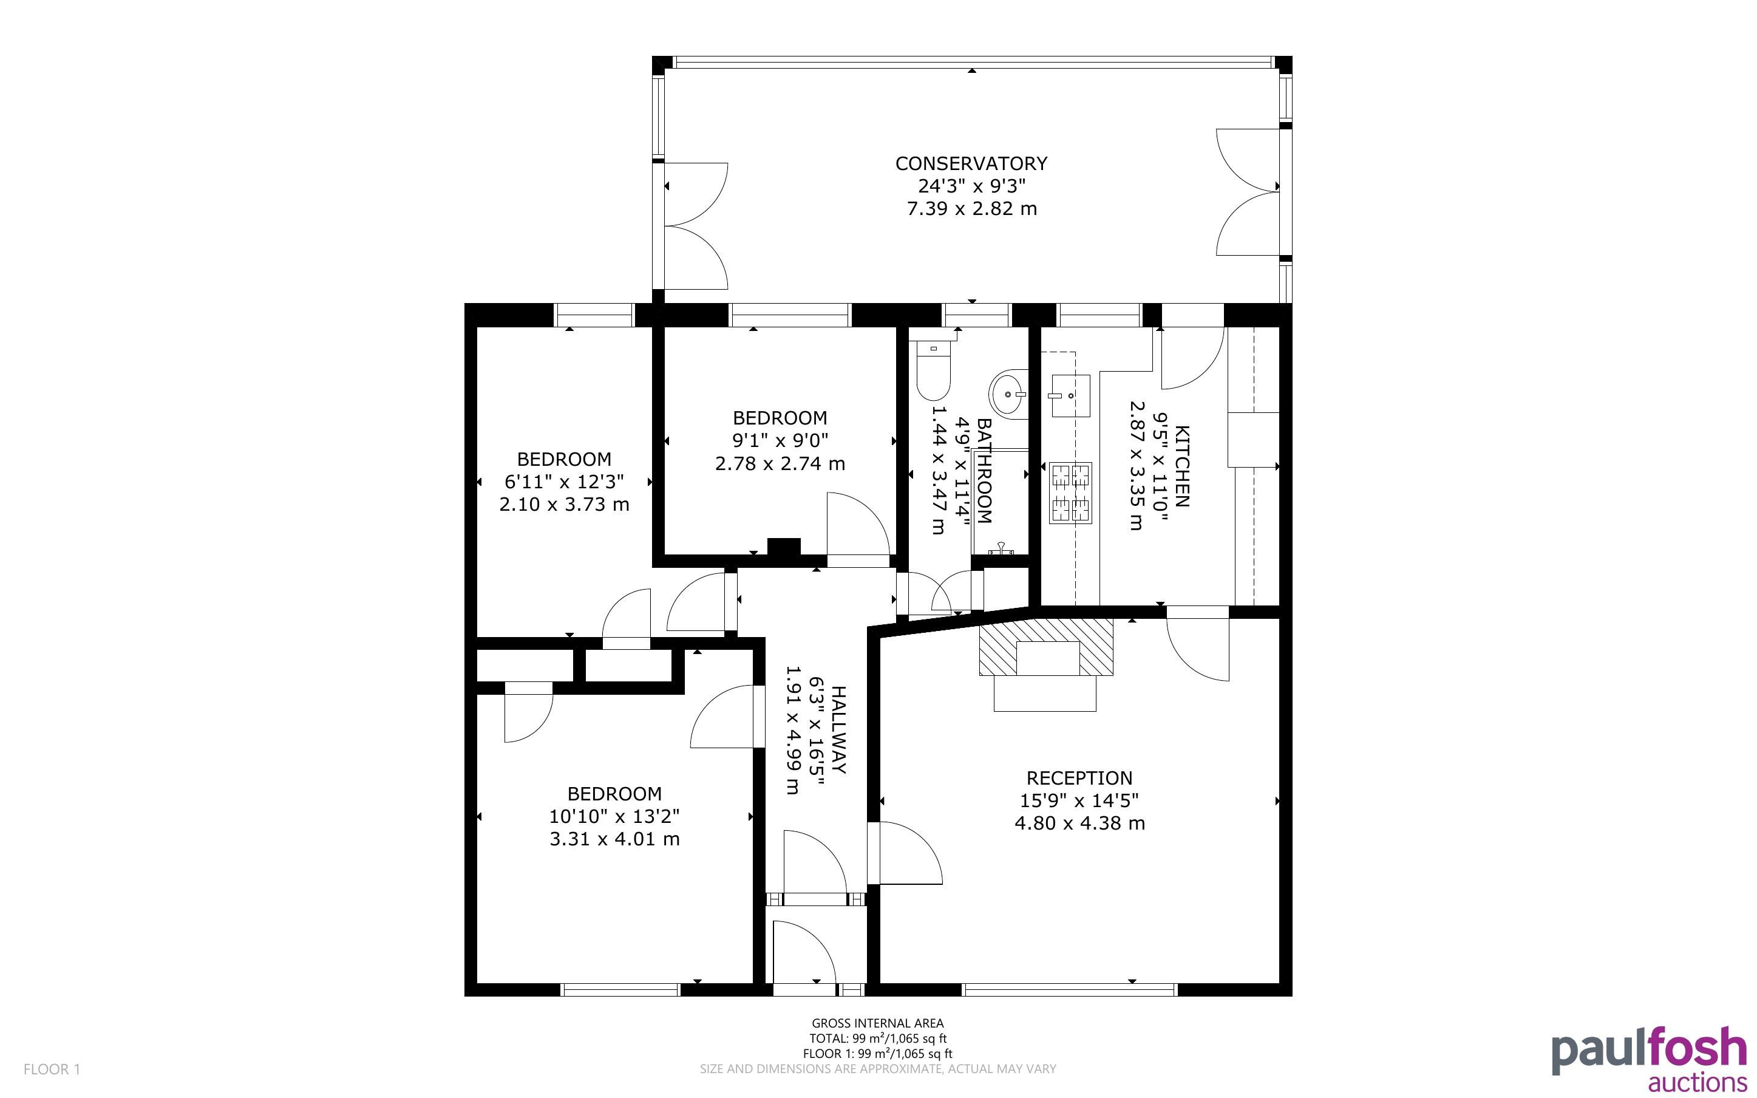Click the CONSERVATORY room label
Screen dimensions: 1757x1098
[971, 163]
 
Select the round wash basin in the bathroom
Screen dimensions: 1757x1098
[1009, 393]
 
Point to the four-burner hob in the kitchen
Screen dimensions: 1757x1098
[1070, 493]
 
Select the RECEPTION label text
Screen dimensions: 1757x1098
[1079, 778]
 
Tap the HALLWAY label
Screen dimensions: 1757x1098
[838, 730]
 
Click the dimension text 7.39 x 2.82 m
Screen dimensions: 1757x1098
[972, 209]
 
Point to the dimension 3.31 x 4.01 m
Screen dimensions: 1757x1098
[614, 839]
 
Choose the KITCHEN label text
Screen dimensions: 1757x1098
[1182, 466]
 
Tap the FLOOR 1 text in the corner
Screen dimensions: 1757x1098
[52, 1069]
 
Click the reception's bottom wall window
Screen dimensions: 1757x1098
[1069, 989]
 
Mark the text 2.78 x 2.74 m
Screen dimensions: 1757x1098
[780, 463]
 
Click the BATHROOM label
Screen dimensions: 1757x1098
[984, 471]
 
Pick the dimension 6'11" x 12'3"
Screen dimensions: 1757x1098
[564, 482]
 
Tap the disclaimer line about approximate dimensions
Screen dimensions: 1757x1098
[877, 1069]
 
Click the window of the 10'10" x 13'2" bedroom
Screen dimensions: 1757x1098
[620, 989]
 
